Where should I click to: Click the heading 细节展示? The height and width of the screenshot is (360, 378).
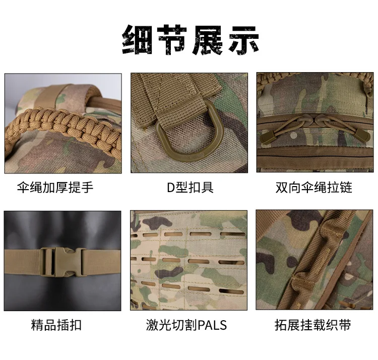pos(190,40)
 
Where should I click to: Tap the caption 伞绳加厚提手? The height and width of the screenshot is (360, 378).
pos(55,188)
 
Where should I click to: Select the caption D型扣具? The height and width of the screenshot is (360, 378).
pos(190,188)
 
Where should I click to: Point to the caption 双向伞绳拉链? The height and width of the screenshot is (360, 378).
pos(314,188)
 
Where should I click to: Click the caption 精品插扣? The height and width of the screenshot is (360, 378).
pos(56,325)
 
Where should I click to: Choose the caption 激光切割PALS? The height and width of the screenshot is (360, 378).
pos(186,325)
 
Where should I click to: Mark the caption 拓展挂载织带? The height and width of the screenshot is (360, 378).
pos(313,325)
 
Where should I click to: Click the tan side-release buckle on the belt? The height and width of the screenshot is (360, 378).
pos(63,261)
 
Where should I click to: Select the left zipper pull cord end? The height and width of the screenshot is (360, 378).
pos(267,136)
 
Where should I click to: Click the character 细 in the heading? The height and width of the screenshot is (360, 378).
pos(138,40)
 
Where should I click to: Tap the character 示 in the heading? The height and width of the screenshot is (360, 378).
pos(244,40)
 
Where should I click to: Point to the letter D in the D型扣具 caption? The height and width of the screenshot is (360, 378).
pos(171,188)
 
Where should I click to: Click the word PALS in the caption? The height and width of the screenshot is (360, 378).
pos(212,325)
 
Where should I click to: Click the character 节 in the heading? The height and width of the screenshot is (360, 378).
pos(172,40)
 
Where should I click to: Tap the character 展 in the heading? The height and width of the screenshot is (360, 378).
pos(208,40)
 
